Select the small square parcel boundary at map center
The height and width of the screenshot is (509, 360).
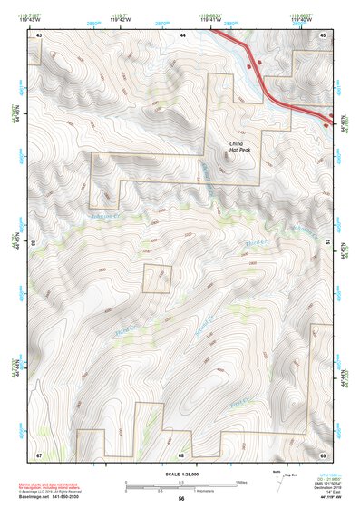pos(156,279)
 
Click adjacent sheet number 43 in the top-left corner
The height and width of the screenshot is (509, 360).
pos(39,34)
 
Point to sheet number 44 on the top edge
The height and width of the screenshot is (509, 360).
pos(182,34)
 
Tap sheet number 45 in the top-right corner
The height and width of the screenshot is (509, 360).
pos(323,34)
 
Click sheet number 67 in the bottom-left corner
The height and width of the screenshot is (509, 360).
pos(39,454)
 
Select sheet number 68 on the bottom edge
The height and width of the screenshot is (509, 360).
pos(181,454)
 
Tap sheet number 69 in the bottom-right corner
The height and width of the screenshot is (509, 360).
pos(323,454)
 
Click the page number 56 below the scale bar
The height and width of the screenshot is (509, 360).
pos(181,499)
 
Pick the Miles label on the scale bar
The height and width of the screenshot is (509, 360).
pos(241,481)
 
